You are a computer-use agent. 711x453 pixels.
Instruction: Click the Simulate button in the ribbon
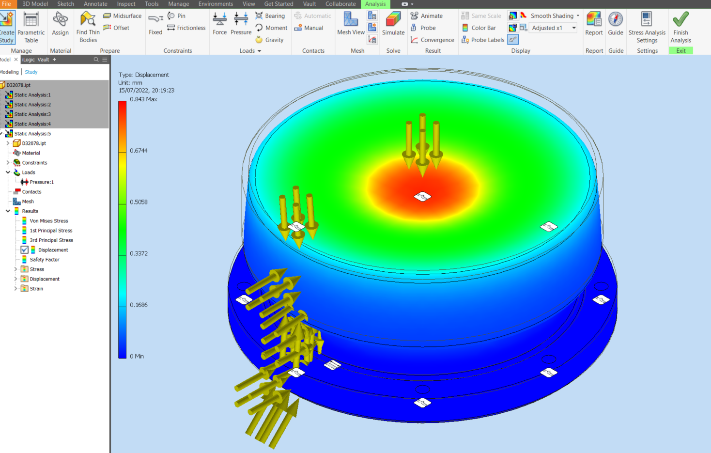click(393, 24)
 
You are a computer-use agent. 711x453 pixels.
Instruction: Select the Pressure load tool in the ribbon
click(241, 24)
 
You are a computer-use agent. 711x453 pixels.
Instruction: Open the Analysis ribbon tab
click(375, 4)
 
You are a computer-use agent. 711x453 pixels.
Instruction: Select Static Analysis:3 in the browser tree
click(32, 114)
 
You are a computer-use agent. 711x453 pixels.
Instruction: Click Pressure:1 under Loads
click(41, 182)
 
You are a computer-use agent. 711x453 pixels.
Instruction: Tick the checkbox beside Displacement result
click(24, 250)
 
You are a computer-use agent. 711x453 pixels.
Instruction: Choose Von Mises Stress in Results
click(48, 221)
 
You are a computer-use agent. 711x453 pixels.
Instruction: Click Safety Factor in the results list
click(44, 260)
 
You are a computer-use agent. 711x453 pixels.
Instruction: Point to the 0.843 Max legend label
click(143, 99)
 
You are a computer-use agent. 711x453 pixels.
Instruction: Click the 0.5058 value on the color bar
click(139, 202)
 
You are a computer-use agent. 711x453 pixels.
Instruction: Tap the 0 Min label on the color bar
click(137, 356)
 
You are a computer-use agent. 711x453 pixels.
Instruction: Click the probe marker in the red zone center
click(422, 197)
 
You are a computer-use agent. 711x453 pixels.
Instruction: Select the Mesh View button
click(351, 24)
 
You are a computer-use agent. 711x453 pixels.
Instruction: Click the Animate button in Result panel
click(427, 16)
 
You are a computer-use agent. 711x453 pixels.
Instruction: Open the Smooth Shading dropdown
click(578, 16)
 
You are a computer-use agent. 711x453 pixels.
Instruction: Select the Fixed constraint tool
click(155, 24)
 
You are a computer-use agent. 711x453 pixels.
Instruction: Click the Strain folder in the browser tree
click(36, 289)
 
